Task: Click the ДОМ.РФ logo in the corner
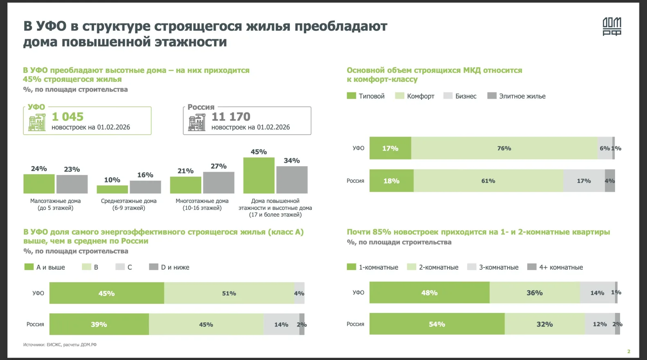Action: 612,27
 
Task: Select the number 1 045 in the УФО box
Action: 68,117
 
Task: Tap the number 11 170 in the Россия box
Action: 231,117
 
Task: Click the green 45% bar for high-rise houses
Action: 259,175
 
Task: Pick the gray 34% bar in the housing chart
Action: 292,180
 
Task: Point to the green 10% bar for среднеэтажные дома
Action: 112,189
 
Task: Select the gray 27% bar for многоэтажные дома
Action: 219,182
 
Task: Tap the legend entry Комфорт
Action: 420,96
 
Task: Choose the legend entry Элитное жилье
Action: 522,96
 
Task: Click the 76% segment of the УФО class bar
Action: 504,148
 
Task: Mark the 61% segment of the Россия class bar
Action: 488,181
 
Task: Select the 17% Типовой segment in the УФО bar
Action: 390,148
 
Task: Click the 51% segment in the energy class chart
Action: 229,293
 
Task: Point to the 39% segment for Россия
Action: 99,324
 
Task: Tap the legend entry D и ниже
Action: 175,267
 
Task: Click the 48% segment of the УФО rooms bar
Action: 429,293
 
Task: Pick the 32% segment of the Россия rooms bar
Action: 545,324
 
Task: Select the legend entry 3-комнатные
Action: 498,267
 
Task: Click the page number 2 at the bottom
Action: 629,351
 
